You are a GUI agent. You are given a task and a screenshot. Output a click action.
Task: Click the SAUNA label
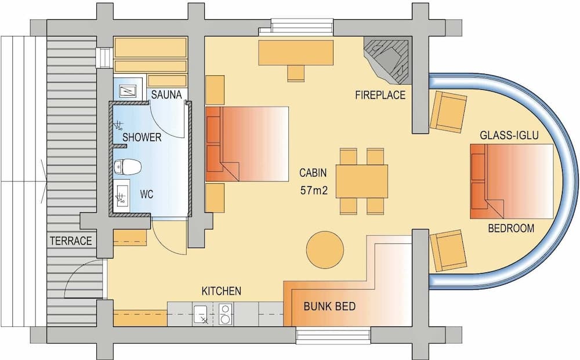point(167,94)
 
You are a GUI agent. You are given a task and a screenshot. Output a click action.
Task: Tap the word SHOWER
point(142,137)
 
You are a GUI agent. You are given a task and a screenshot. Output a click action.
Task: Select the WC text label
point(147,195)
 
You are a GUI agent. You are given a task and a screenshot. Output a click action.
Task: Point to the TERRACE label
point(71,241)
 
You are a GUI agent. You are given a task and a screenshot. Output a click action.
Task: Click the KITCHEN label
point(221,290)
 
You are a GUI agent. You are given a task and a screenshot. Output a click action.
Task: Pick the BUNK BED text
point(329,307)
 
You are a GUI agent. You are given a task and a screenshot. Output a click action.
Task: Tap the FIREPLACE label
point(380,95)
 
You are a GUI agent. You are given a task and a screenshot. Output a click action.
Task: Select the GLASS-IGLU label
point(509,136)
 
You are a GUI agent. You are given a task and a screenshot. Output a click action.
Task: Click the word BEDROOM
point(510,228)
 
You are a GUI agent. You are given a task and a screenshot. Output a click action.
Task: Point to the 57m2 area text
point(314,190)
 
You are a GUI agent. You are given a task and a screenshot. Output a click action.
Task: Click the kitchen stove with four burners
point(225,314)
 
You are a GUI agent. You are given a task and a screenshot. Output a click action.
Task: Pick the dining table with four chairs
point(361,181)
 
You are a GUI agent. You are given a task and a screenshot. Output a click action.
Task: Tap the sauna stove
point(126,91)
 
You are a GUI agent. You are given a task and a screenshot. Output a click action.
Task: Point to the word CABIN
point(313,173)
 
